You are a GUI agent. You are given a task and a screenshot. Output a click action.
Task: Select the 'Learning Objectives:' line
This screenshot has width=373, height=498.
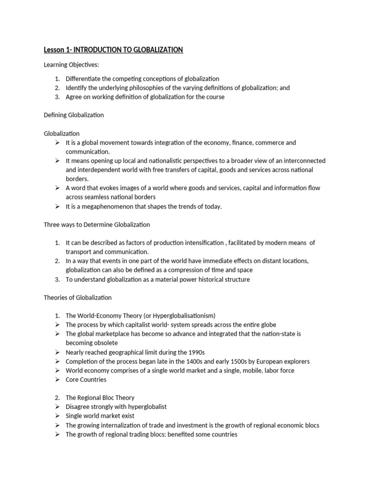71,65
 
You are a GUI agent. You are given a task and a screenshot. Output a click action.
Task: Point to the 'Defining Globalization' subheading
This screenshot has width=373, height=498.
73,115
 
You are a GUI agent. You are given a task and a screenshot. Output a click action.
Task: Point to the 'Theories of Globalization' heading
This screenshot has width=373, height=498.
78,297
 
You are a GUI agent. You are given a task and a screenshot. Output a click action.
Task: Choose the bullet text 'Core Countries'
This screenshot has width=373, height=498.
86,379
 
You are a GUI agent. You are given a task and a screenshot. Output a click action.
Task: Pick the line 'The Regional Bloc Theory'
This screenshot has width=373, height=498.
100,398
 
